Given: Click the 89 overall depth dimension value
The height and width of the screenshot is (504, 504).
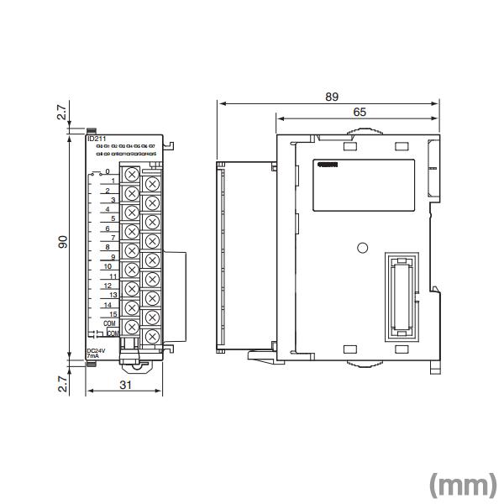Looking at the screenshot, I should (x=333, y=97).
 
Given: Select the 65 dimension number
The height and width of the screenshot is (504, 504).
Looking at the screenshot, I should (x=359, y=112).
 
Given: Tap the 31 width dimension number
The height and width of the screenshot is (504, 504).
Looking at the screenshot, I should (x=125, y=386).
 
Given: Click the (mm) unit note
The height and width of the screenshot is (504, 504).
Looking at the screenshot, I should (x=462, y=485).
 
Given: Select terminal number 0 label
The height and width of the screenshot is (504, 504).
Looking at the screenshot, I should (x=108, y=172).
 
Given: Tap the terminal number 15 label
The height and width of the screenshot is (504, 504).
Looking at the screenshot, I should (x=112, y=313).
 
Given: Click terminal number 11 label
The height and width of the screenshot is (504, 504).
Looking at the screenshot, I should (x=112, y=276).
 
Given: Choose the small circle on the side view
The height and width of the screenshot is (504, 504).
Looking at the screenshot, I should (x=362, y=248).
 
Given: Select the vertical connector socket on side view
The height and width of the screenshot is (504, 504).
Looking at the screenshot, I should (x=401, y=297).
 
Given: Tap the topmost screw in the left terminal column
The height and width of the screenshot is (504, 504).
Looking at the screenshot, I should (x=133, y=175).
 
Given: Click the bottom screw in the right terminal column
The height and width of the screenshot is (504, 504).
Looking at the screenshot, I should (x=152, y=337).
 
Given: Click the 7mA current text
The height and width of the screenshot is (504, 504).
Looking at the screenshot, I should (x=92, y=358).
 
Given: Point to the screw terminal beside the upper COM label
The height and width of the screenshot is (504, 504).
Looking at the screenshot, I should (x=133, y=325).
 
